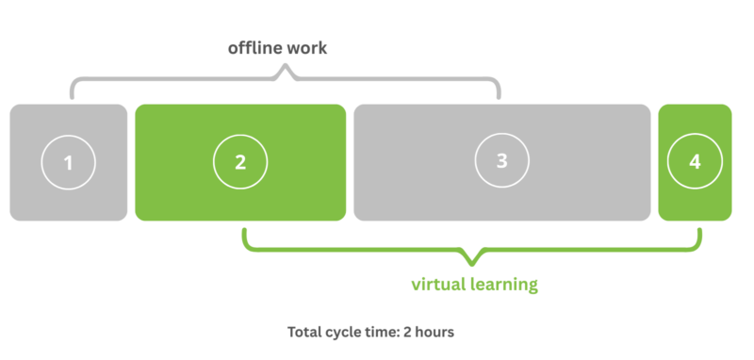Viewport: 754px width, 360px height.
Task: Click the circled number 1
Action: pos(68,162)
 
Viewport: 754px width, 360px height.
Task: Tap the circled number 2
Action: pos(239,162)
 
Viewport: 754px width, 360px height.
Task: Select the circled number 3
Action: pos(501,162)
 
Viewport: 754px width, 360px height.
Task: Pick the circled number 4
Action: pos(695,162)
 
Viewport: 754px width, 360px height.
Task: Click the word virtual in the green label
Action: pos(441,284)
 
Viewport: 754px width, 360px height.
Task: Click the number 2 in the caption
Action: pos(416,333)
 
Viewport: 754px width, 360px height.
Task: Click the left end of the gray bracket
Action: pos(73,95)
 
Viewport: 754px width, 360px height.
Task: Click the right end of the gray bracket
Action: pos(500,95)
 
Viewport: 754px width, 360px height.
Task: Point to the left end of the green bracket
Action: pos(244,232)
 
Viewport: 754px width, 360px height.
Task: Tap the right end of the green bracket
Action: pos(699,232)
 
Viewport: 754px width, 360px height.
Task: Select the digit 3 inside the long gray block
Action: pos(501,162)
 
